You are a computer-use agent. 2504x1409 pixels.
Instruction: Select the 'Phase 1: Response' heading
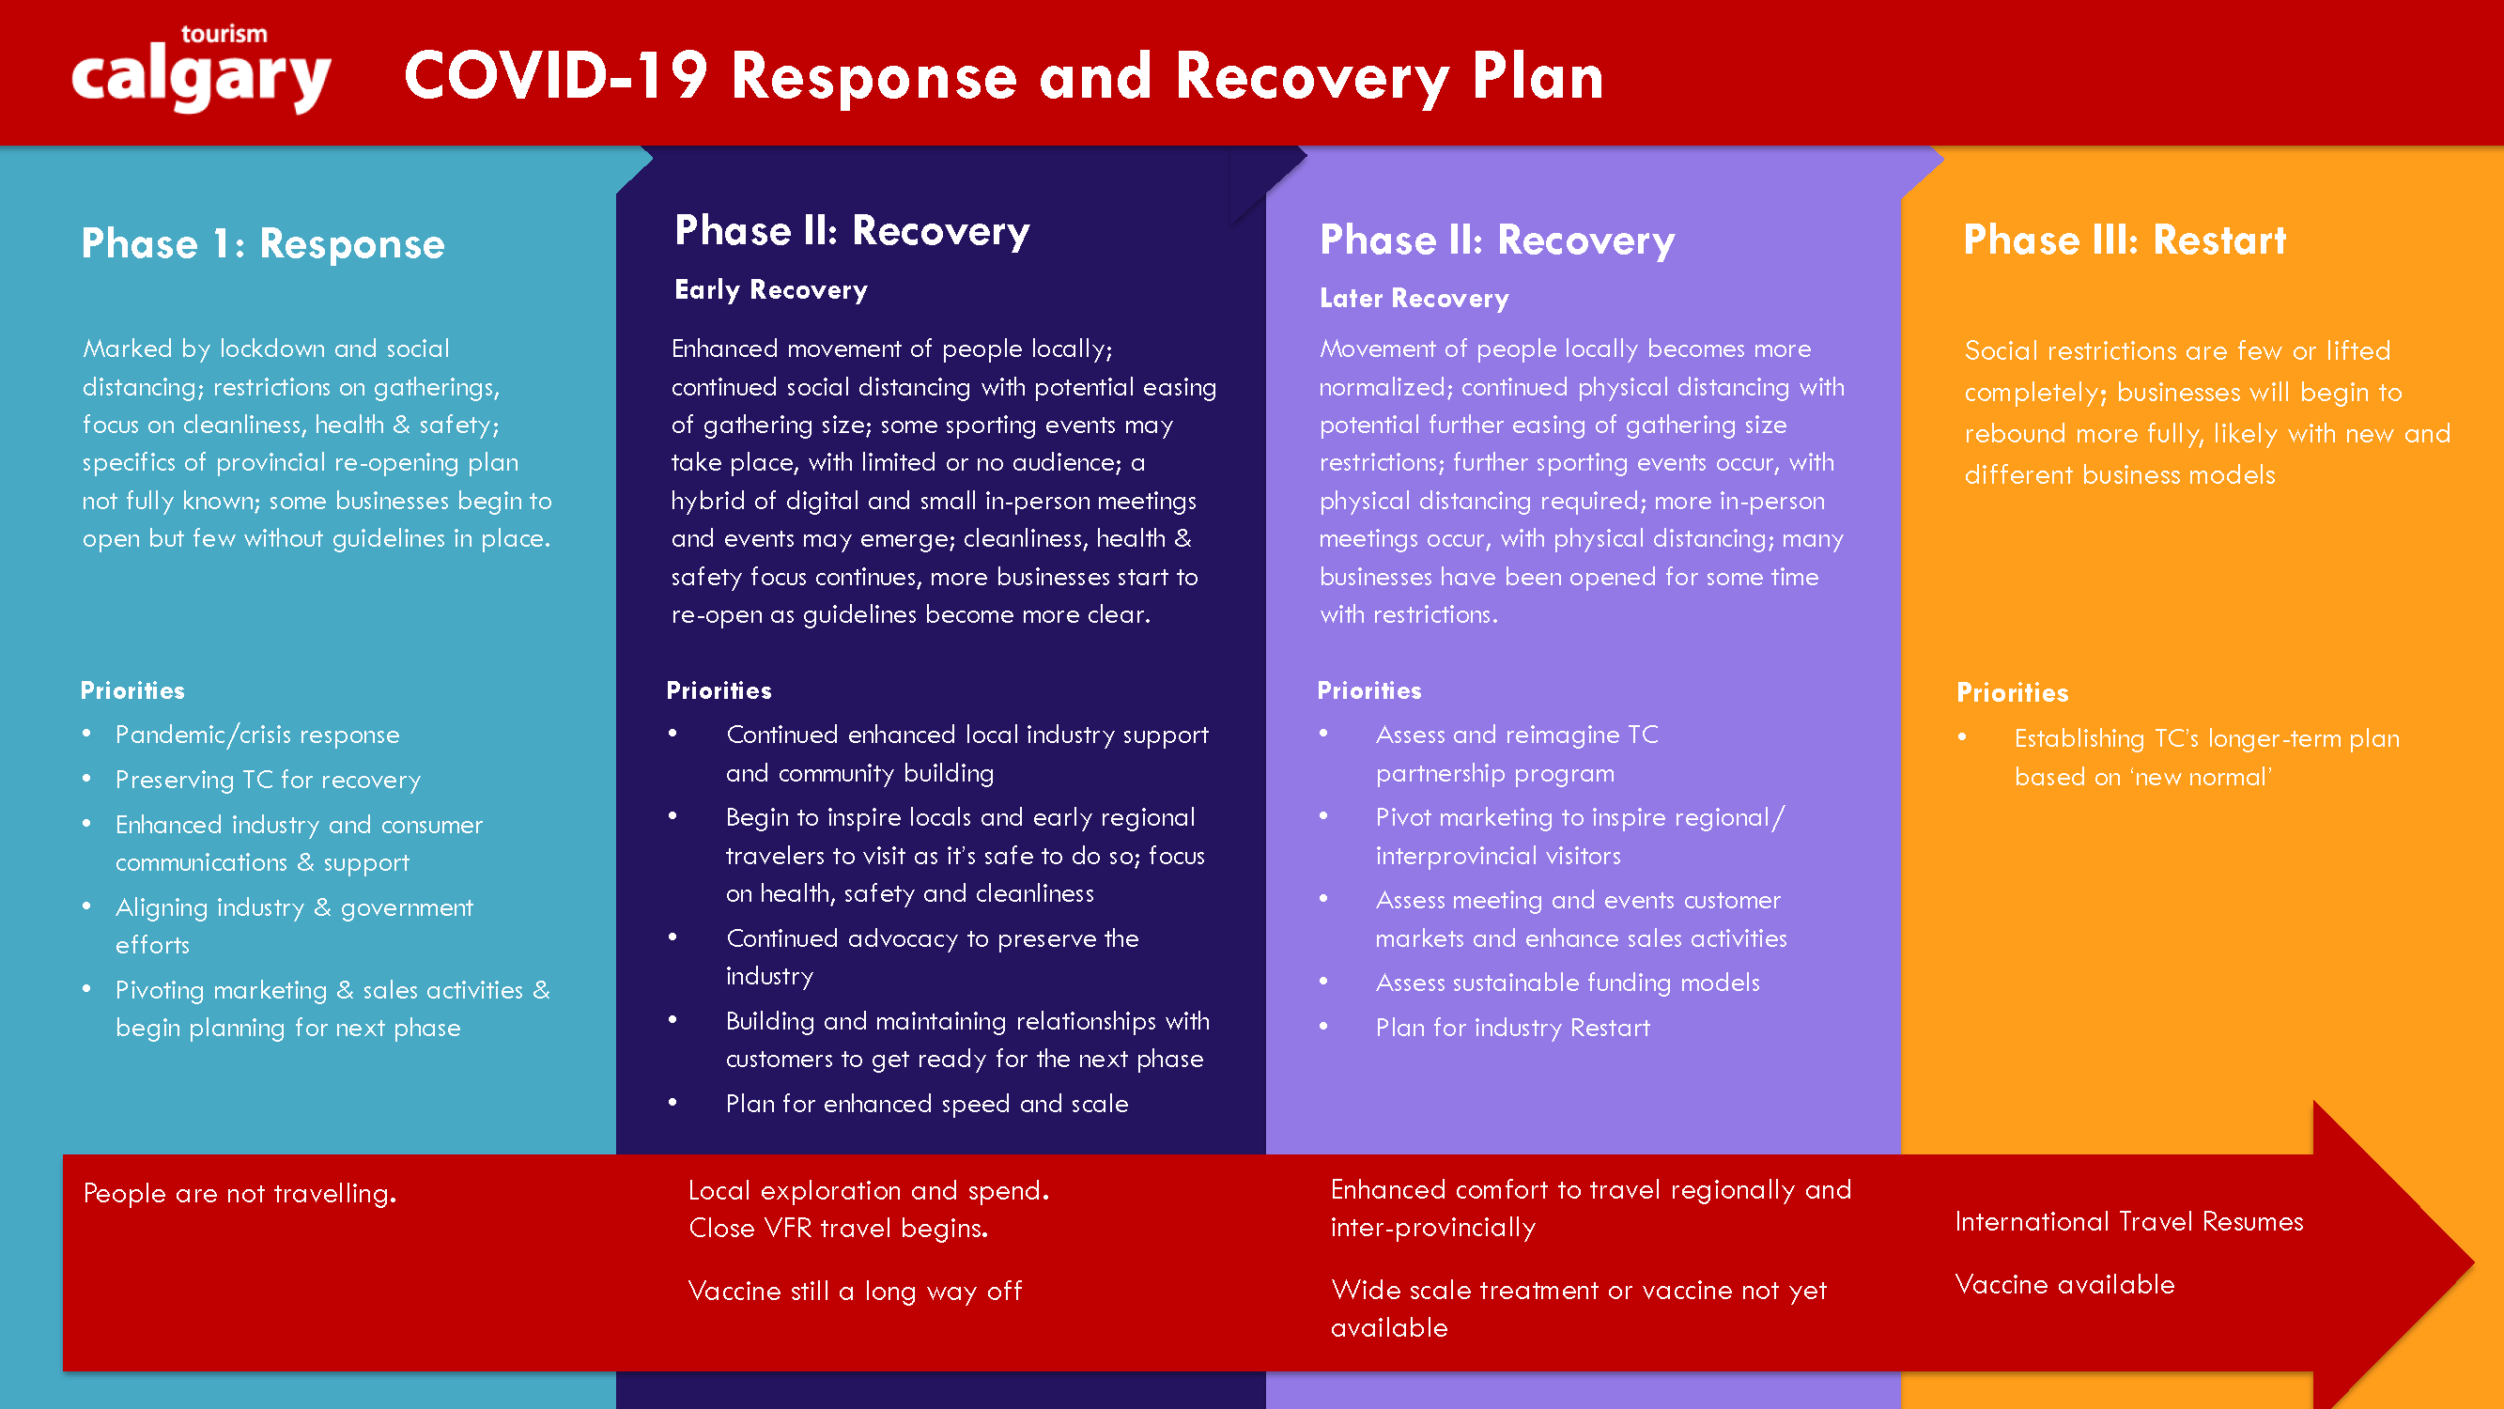click(x=262, y=243)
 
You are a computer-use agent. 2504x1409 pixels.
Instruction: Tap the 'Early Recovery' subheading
click(x=771, y=289)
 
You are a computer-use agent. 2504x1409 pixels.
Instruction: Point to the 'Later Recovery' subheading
click(x=1414, y=299)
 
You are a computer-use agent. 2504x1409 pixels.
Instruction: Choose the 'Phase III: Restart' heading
click(x=2124, y=240)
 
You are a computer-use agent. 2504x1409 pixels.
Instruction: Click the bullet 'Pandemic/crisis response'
click(x=257, y=735)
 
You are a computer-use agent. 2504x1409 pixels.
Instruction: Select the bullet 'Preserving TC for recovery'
click(x=269, y=780)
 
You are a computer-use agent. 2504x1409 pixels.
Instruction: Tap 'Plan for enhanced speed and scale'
click(x=926, y=1104)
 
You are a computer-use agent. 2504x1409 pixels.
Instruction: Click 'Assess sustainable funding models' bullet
click(x=1567, y=983)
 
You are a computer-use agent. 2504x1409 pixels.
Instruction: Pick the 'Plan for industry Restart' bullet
click(x=1512, y=1028)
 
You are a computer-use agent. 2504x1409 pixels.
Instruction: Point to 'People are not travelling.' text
click(x=240, y=1193)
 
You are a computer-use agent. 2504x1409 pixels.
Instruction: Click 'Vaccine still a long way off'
click(x=855, y=1292)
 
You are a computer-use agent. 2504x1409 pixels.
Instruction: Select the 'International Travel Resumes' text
click(x=2129, y=1222)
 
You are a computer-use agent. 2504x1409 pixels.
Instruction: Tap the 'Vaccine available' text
click(x=2064, y=1284)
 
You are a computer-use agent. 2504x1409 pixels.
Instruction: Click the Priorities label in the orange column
click(x=2012, y=692)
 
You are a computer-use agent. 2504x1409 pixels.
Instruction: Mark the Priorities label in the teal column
click(x=132, y=690)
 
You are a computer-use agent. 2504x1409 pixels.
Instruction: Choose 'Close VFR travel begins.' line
click(x=838, y=1228)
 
